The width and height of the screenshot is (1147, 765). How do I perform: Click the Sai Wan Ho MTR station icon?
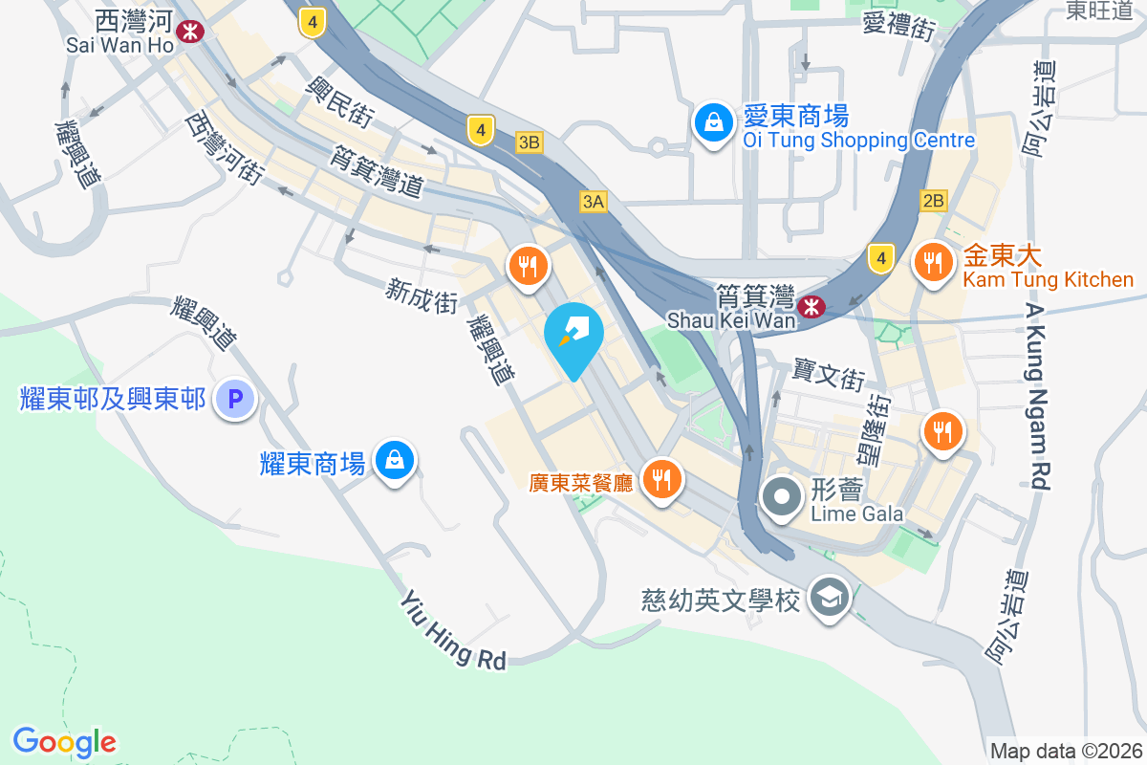[192, 31]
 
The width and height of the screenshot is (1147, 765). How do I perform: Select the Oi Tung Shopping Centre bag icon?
[713, 122]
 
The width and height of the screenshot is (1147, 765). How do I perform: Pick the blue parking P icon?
[235, 399]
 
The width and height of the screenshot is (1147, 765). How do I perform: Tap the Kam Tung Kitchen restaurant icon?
[933, 260]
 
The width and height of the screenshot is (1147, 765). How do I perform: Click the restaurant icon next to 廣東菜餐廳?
[660, 475]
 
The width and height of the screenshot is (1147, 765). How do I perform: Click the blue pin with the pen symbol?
[573, 335]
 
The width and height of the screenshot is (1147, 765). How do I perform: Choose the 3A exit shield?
[593, 201]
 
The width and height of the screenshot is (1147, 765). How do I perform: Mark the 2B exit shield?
[933, 201]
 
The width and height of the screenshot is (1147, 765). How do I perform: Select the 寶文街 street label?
[829, 375]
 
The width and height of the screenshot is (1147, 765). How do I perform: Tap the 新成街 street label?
[422, 295]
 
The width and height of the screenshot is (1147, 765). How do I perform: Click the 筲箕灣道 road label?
[377, 172]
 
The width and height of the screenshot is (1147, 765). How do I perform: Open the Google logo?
[64, 742]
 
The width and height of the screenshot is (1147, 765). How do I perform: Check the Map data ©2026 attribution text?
[1066, 752]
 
